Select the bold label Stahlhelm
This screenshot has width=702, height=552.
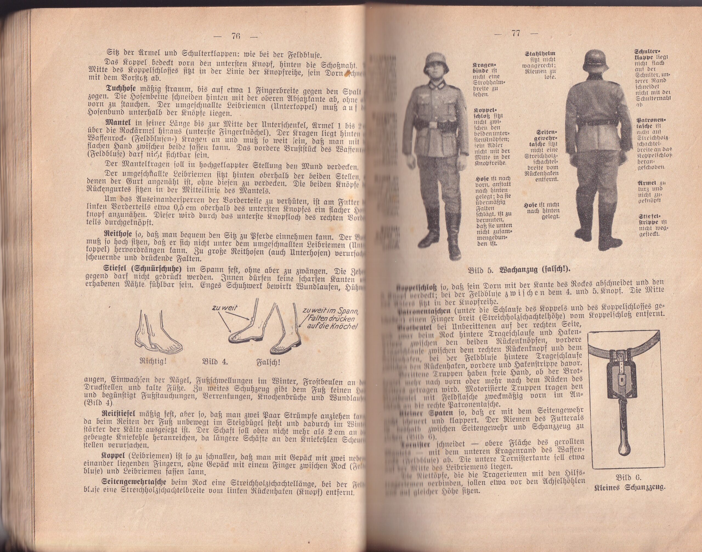pos(540,54)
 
